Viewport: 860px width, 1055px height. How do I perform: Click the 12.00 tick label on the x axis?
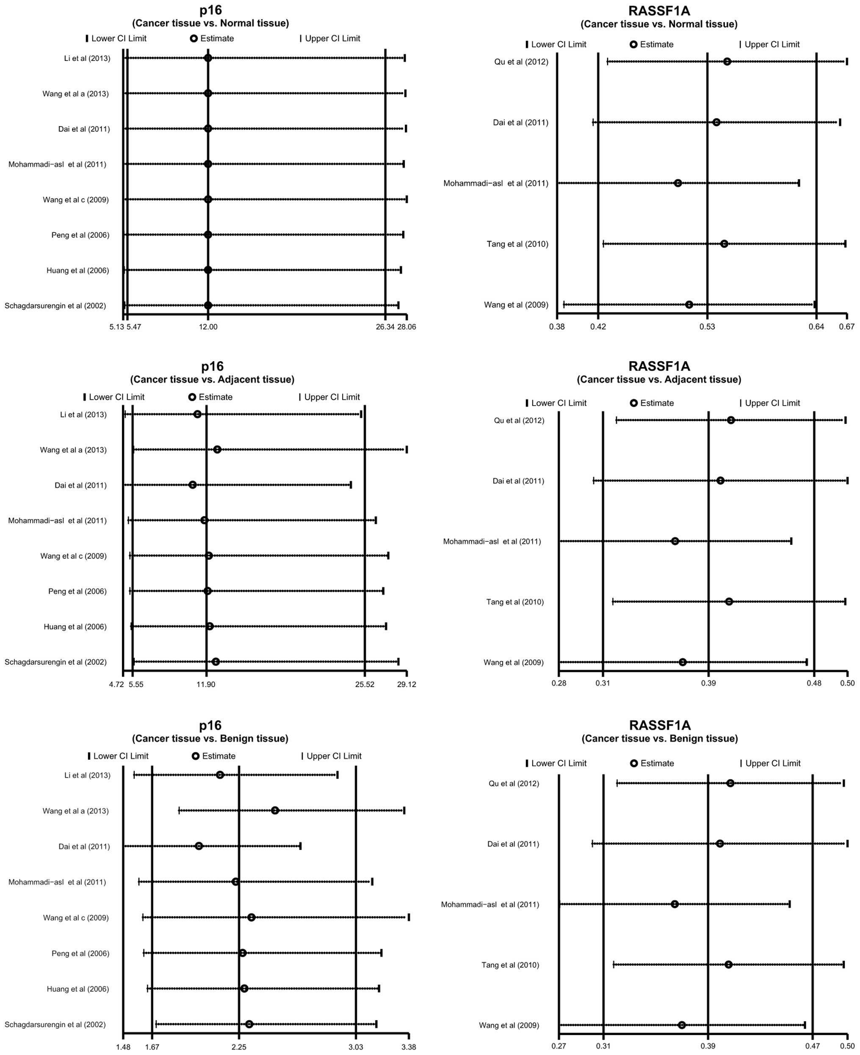(x=208, y=327)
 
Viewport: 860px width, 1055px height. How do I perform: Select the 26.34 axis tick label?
(x=385, y=327)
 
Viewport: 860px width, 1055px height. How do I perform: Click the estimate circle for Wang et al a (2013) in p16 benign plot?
(x=275, y=810)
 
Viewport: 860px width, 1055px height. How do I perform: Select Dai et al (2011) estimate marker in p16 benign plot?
(x=199, y=845)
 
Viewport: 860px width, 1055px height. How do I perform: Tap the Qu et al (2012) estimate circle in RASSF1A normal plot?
(x=727, y=61)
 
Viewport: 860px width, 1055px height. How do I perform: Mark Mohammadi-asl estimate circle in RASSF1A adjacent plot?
(x=675, y=541)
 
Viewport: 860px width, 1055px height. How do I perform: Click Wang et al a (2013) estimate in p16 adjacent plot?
(x=217, y=449)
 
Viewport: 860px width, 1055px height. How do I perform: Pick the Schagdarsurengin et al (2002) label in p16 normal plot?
(x=55, y=306)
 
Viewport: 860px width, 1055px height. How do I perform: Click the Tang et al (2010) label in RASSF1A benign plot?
(x=510, y=965)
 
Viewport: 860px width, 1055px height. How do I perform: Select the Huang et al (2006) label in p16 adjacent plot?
(x=75, y=627)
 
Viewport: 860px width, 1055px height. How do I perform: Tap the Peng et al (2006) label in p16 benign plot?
(x=80, y=953)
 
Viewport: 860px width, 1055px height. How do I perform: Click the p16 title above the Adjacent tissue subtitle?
(x=212, y=366)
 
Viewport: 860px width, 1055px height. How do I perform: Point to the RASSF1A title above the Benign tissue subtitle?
(x=659, y=725)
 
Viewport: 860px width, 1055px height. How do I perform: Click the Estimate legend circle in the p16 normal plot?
(x=194, y=38)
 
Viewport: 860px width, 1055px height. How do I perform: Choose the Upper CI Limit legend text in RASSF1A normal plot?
(x=772, y=44)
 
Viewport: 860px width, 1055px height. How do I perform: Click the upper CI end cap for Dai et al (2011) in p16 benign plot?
(x=300, y=845)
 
